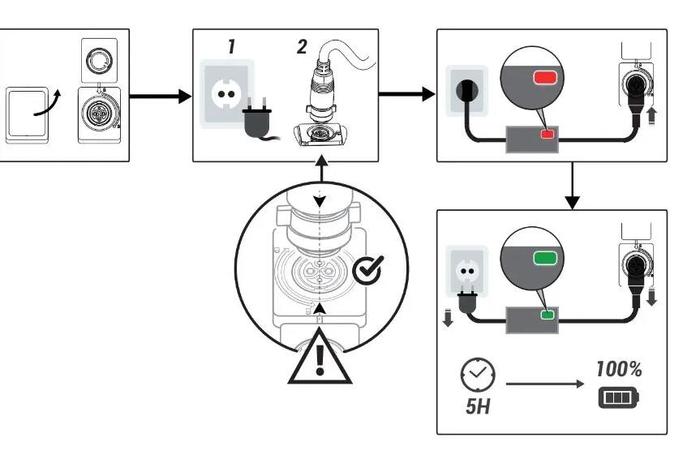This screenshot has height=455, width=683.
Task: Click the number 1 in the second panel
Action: (232, 46)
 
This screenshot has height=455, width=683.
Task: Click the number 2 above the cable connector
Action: (302, 46)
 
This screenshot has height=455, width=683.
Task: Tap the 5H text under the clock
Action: (478, 406)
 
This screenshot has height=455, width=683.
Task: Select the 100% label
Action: (619, 369)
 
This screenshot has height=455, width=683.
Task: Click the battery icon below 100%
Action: (619, 398)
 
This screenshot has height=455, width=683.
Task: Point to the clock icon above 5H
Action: (478, 375)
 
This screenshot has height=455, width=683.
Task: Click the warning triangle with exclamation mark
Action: (320, 357)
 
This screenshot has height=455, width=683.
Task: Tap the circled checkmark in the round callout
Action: (368, 270)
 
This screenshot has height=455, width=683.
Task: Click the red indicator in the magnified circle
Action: (546, 78)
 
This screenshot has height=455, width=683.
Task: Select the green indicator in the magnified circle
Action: (545, 258)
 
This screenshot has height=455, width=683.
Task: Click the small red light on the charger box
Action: (547, 134)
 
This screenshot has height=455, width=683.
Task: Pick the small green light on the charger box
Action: (547, 315)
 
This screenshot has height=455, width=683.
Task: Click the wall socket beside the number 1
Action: (226, 93)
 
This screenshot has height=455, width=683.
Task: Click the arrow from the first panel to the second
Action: (161, 97)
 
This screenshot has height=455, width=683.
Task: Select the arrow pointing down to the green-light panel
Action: (573, 186)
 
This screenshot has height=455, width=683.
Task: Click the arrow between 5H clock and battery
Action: (545, 384)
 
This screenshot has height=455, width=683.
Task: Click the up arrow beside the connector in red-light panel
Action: (651, 116)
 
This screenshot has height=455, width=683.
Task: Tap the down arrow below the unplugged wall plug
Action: (448, 317)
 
